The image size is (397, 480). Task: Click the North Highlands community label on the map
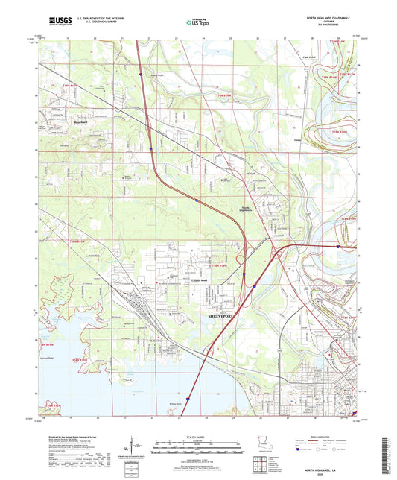pos(248,209)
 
